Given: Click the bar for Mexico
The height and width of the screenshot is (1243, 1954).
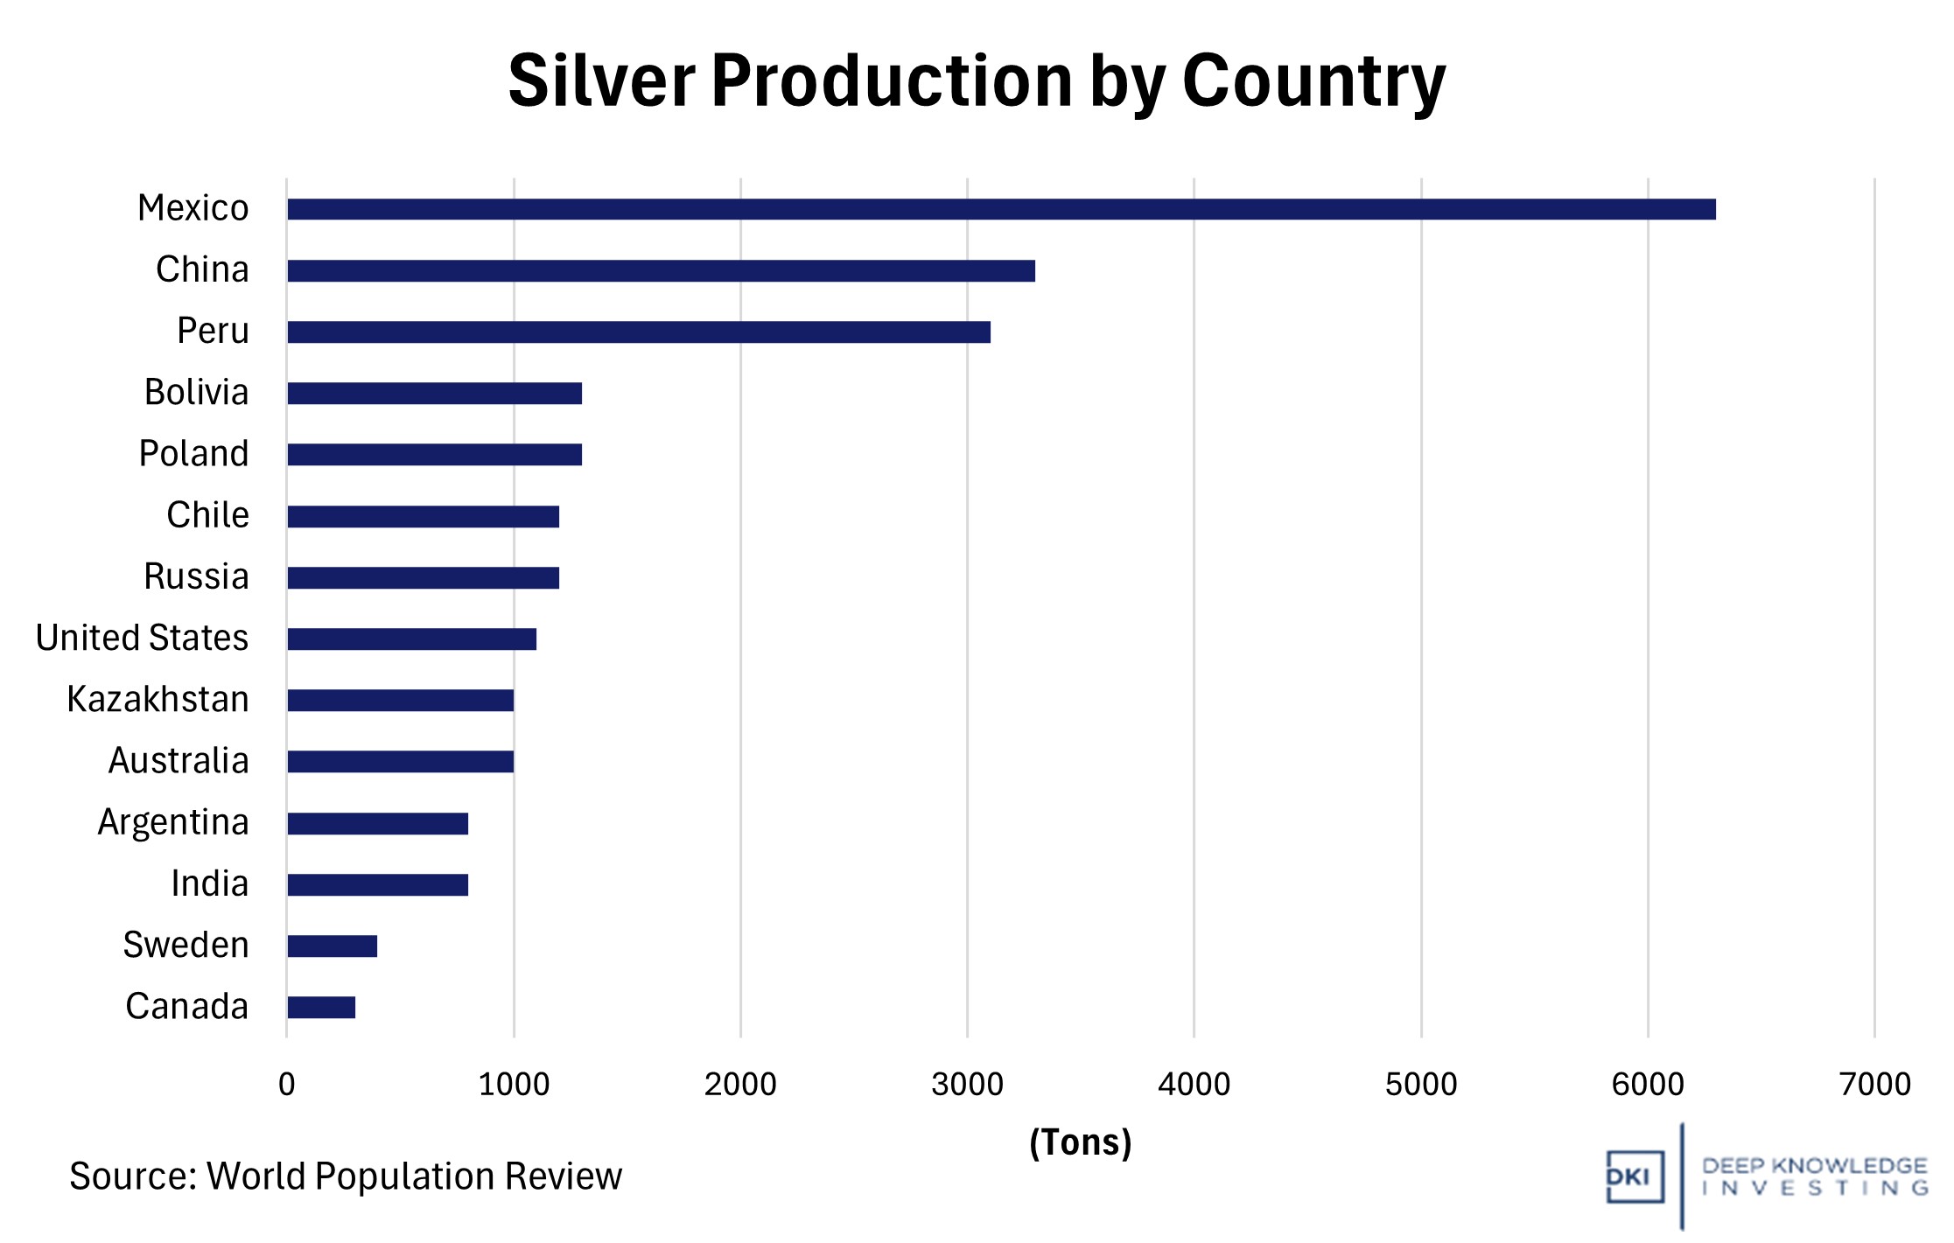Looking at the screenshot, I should [x=1001, y=209].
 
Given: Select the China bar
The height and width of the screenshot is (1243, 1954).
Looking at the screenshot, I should [x=661, y=271].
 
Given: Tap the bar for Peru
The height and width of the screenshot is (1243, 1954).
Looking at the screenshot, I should [x=639, y=332].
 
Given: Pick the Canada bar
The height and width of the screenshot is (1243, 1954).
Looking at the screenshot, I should [x=321, y=1008].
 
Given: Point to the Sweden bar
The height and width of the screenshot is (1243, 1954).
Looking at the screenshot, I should [x=333, y=946].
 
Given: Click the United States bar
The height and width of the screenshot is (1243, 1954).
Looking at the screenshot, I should [x=411, y=639].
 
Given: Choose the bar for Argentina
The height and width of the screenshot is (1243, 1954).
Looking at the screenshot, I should [x=377, y=824].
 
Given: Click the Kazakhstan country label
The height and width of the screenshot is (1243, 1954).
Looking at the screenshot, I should [x=158, y=700].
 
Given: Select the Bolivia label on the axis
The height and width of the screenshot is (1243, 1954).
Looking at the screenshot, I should [x=196, y=393].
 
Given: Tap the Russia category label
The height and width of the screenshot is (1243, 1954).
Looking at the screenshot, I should [x=196, y=577].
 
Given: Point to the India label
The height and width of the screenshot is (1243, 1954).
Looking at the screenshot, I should [x=209, y=884].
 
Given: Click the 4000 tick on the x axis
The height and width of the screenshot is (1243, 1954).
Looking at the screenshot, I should [x=1194, y=1085].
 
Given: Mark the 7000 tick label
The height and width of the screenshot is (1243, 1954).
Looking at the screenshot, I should [x=1874, y=1085].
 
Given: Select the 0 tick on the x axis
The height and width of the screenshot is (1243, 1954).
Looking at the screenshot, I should [x=286, y=1085].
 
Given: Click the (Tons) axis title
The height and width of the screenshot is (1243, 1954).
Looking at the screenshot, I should [x=1080, y=1142].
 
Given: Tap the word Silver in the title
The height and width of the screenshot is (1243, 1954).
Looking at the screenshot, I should [x=601, y=81].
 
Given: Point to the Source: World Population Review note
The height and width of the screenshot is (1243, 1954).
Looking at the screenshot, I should [x=346, y=1177].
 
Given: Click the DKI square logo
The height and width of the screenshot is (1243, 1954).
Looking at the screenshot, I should [x=1634, y=1177].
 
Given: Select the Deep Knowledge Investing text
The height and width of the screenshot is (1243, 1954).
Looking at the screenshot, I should [x=1814, y=1177].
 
